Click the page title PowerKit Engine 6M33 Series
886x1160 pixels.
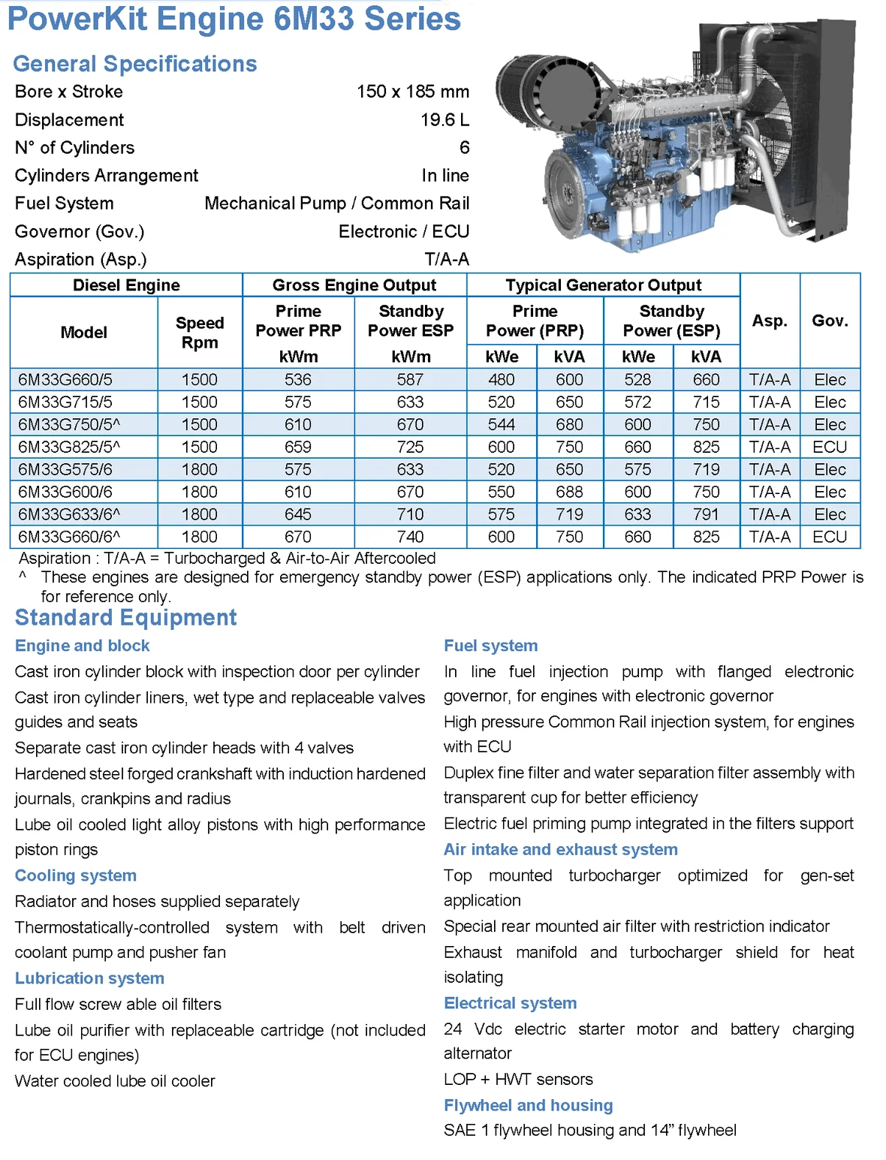pyautogui.click(x=234, y=19)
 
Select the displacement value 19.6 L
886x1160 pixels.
pyautogui.click(x=445, y=120)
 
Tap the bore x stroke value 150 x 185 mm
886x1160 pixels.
pyautogui.click(x=412, y=92)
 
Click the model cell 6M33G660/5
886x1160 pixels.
pyautogui.click(x=65, y=380)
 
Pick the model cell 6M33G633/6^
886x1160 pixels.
pyautogui.click(x=69, y=515)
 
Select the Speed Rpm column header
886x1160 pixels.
pyautogui.click(x=200, y=333)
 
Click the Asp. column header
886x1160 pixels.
pyautogui.click(x=770, y=321)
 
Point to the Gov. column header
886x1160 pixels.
pyautogui.click(x=830, y=321)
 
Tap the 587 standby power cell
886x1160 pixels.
pyautogui.click(x=410, y=380)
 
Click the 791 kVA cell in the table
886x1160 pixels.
pyautogui.click(x=706, y=515)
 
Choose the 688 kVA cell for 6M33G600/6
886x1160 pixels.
pyautogui.click(x=569, y=493)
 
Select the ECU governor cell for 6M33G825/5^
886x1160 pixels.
pyautogui.click(x=830, y=447)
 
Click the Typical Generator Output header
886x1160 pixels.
pyautogui.click(x=603, y=285)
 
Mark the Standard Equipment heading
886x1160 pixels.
pyautogui.click(x=125, y=618)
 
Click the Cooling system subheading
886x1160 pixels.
pyautogui.click(x=76, y=875)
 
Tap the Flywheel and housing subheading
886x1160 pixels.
pyautogui.click(x=528, y=1105)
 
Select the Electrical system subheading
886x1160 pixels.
pyautogui.click(x=510, y=1003)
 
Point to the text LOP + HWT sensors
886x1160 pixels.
pyautogui.click(x=518, y=1080)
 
